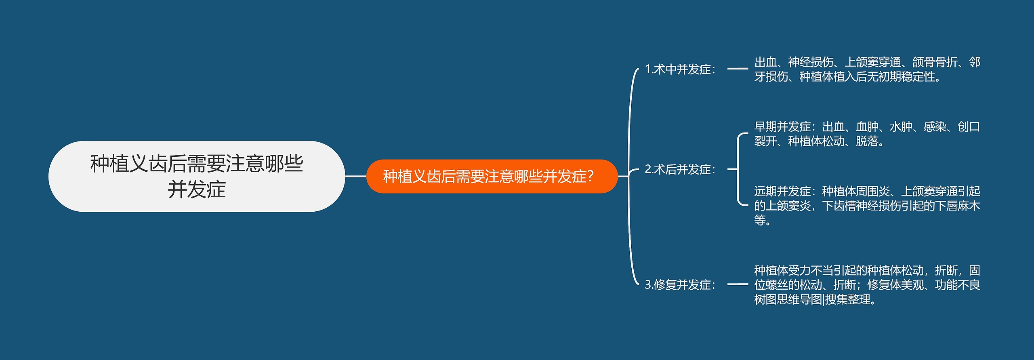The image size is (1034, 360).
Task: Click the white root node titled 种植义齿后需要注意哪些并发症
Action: [x=196, y=176]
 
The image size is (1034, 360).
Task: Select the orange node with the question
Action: [x=492, y=176]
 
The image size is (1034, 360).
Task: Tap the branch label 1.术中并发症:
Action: [x=680, y=69]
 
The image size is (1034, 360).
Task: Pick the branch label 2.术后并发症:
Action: [x=680, y=169]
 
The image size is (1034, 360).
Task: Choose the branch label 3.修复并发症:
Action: [x=680, y=285]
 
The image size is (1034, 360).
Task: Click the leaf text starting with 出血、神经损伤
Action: [x=867, y=69]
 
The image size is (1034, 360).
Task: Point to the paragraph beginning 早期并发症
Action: [x=867, y=134]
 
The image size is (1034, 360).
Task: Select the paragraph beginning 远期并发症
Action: [x=867, y=205]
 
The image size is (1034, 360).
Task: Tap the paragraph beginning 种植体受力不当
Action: [x=867, y=285]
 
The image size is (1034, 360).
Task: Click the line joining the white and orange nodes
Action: [x=355, y=176]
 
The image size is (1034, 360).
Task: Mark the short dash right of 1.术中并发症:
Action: [x=738, y=69]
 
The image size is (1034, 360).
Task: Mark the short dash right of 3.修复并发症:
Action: [x=738, y=285]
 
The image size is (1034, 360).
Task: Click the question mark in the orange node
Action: [x=591, y=177]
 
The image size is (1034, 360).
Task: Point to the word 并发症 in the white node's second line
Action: [x=197, y=189]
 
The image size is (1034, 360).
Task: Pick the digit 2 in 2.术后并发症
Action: [x=648, y=169]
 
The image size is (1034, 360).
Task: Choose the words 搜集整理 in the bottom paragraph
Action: [x=847, y=300]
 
